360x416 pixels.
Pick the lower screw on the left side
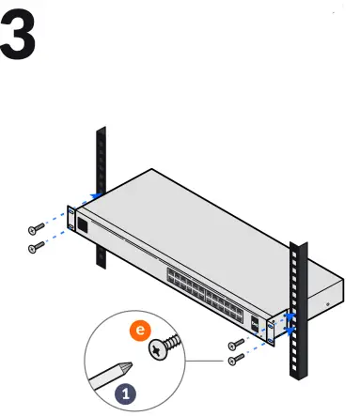36,247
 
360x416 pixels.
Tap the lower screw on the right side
235,359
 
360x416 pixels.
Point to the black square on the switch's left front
83,226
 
